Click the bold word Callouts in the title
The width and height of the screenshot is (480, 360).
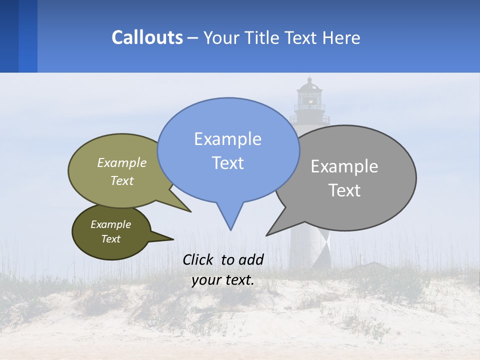click(x=147, y=37)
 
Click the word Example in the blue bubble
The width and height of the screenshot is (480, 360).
click(x=227, y=139)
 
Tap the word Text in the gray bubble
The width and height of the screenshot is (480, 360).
click(x=344, y=190)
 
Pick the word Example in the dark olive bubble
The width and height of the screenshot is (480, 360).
click(x=110, y=224)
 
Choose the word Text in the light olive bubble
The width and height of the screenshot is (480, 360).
click(x=122, y=180)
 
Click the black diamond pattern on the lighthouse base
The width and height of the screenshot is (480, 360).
click(x=325, y=245)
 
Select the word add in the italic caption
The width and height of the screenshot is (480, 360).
click(x=251, y=259)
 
